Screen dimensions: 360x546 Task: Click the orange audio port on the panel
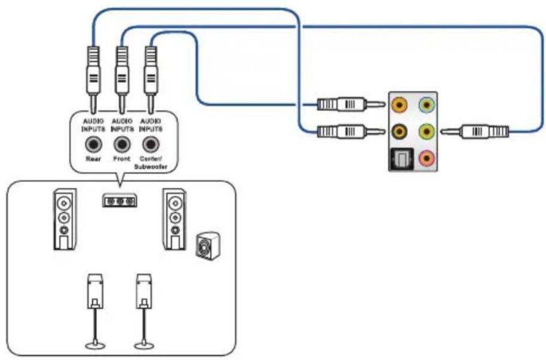(x=399, y=105)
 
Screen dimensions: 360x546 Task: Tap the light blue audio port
(x=426, y=105)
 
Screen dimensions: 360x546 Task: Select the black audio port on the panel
(x=399, y=130)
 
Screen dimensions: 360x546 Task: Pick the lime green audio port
(x=426, y=130)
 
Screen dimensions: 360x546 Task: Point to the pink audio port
(x=426, y=158)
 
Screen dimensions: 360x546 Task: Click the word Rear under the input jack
(x=93, y=160)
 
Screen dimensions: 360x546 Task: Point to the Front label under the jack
(x=122, y=160)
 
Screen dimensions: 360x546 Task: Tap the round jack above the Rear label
(x=93, y=144)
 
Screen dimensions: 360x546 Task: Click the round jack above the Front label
(x=122, y=144)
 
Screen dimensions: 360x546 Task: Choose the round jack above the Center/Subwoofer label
(x=150, y=144)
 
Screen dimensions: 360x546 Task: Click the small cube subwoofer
(x=207, y=245)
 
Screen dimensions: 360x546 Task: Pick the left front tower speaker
(x=64, y=219)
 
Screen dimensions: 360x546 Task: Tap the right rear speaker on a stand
(x=142, y=291)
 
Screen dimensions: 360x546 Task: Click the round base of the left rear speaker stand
(x=93, y=345)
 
